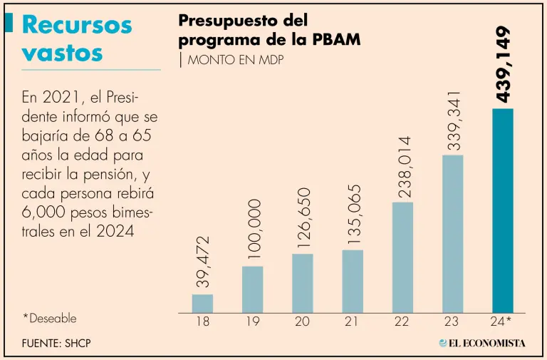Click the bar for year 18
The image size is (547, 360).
202,304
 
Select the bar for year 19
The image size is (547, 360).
252,289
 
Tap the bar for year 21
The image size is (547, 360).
352,282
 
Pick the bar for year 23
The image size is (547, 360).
452,234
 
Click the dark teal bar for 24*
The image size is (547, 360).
503,210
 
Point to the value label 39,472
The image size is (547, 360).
203,262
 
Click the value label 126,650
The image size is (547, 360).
303,217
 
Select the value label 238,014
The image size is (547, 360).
403,166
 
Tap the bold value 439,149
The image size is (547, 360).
503,63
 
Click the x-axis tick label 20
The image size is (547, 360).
302,322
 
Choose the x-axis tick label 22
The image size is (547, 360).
402,322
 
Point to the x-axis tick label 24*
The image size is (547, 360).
504,322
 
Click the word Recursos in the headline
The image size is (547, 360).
77,25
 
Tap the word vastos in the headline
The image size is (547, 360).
63,53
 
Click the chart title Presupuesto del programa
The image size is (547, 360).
269,30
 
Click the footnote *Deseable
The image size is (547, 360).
49,319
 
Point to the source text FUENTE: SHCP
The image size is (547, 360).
57,343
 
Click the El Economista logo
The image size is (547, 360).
482,343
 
